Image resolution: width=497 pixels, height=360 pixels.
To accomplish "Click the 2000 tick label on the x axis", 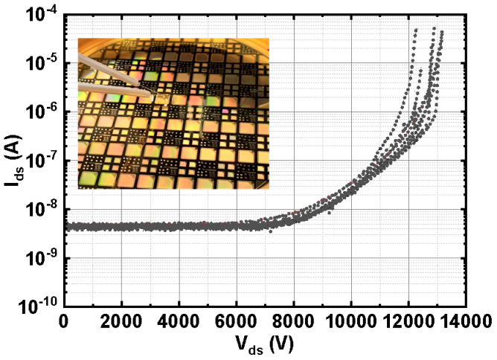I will (x=121, y=320).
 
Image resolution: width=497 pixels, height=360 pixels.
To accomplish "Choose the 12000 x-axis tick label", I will (x=408, y=320).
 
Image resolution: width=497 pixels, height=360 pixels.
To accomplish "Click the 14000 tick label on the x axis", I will (x=464, y=320).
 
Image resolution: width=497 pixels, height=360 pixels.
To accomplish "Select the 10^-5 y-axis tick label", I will (x=39, y=62).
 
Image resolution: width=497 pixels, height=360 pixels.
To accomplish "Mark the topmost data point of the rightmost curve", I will (x=442, y=32).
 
